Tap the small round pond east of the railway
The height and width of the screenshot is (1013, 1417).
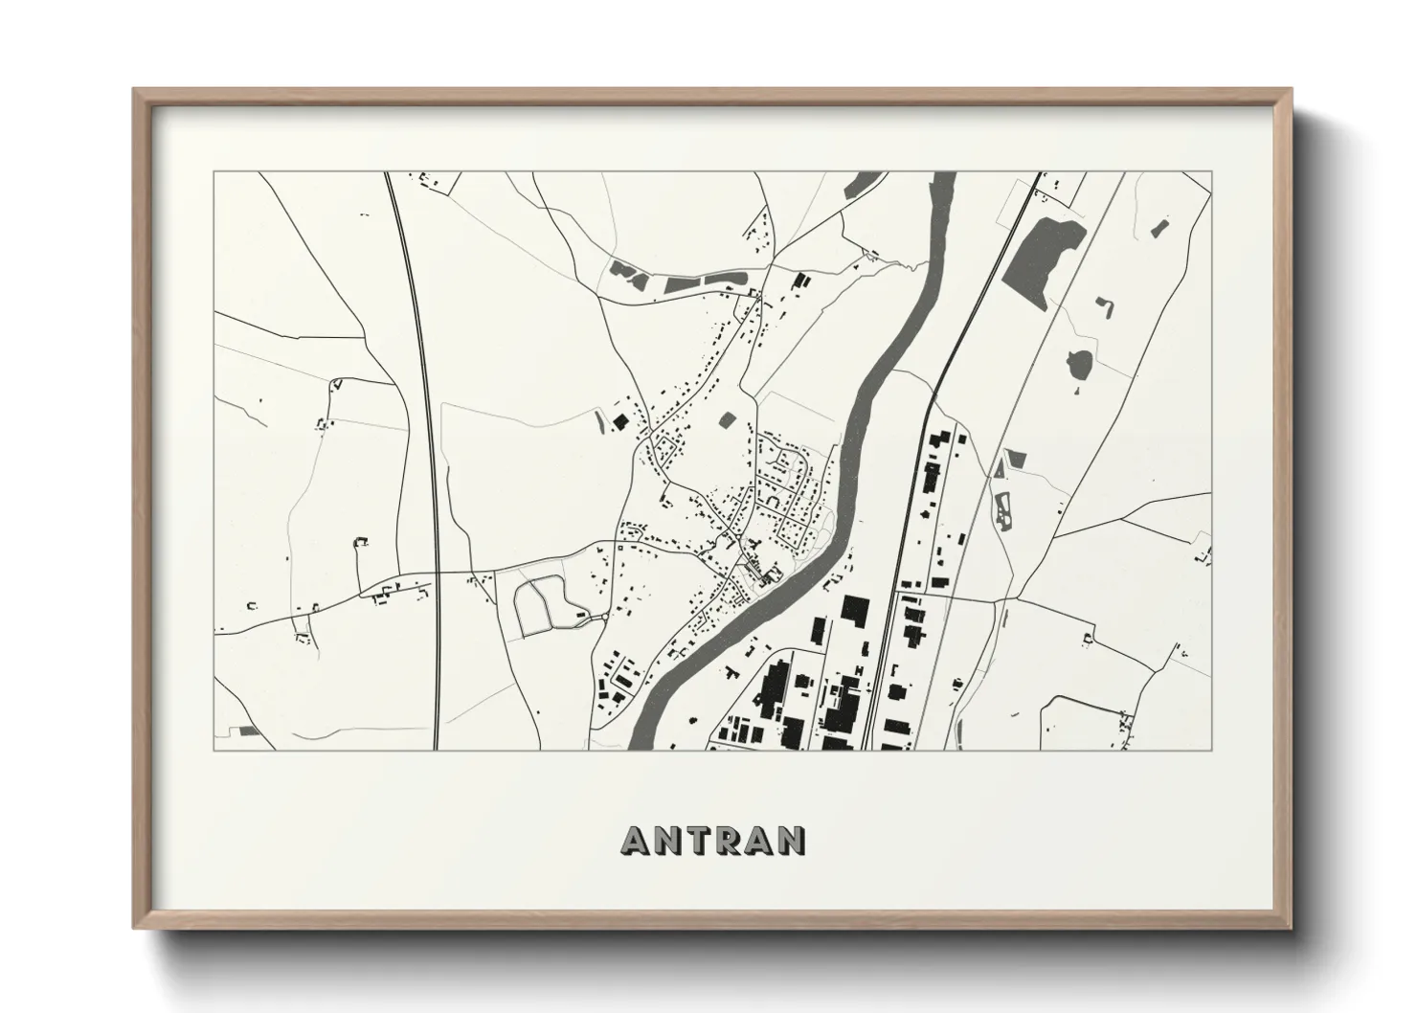coord(1080,363)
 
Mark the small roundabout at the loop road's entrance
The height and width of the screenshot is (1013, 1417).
coord(580,615)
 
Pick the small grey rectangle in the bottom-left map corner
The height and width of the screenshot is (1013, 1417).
coord(249,731)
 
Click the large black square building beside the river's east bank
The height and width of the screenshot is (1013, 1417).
coord(854,610)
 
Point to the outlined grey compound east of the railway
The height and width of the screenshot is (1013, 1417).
coord(1005,507)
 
